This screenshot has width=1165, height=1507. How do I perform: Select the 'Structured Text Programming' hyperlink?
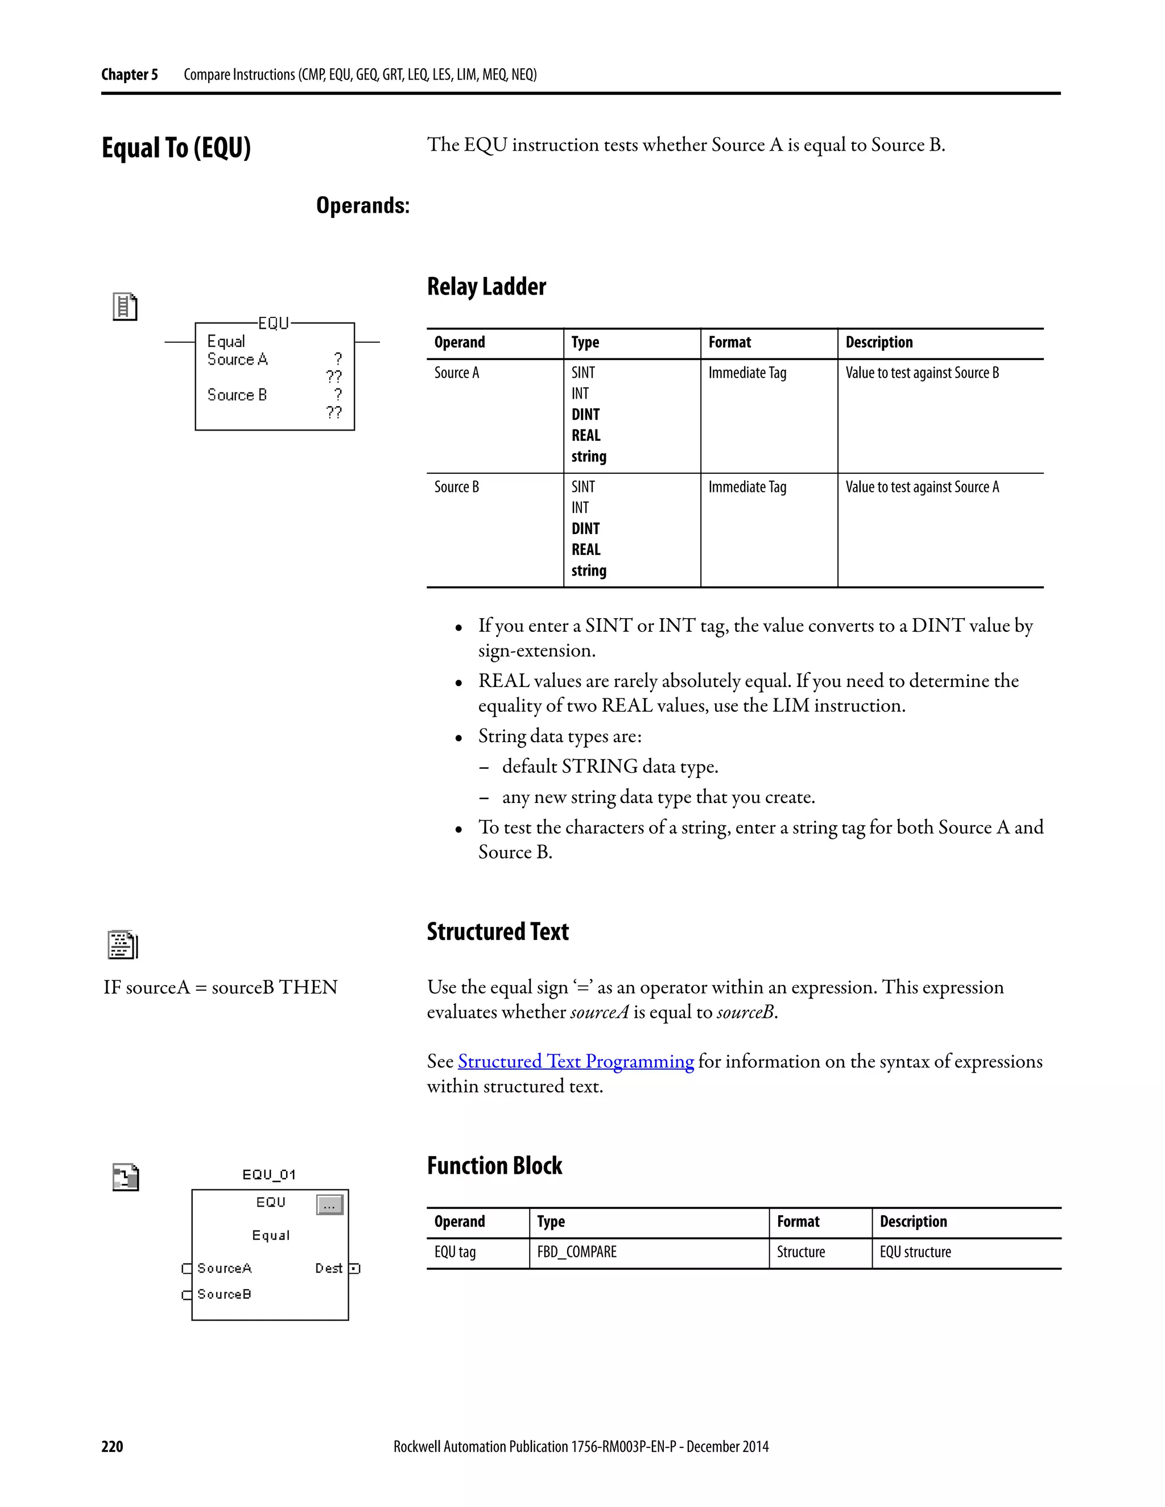tap(576, 1061)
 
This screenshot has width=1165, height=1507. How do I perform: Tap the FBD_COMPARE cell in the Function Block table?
tap(577, 1252)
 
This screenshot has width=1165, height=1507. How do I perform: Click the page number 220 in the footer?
tap(112, 1446)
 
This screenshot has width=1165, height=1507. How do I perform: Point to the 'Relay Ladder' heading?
tap(486, 287)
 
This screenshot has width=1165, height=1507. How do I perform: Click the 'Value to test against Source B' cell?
tap(922, 373)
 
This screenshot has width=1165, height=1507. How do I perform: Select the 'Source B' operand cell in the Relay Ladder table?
tap(456, 487)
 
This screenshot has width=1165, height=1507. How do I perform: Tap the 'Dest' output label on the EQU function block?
tap(329, 1268)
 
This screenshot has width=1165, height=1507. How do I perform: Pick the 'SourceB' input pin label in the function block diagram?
tap(224, 1294)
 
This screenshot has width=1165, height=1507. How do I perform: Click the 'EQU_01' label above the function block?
tap(269, 1174)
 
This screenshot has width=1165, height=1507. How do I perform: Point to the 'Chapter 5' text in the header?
tap(129, 74)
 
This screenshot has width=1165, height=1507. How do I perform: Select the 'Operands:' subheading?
tap(362, 206)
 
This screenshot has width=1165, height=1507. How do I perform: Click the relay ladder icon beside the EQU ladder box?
tap(125, 307)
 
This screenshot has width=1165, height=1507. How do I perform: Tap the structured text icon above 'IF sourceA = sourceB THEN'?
tap(123, 945)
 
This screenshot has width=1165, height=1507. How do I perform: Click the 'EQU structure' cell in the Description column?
tap(915, 1252)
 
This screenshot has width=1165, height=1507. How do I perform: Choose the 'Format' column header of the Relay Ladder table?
tap(729, 342)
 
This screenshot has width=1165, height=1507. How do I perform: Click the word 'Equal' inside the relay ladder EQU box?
tap(226, 342)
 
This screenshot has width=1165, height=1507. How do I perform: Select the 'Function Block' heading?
tap(494, 1165)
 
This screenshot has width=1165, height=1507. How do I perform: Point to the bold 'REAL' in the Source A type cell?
tap(586, 436)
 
